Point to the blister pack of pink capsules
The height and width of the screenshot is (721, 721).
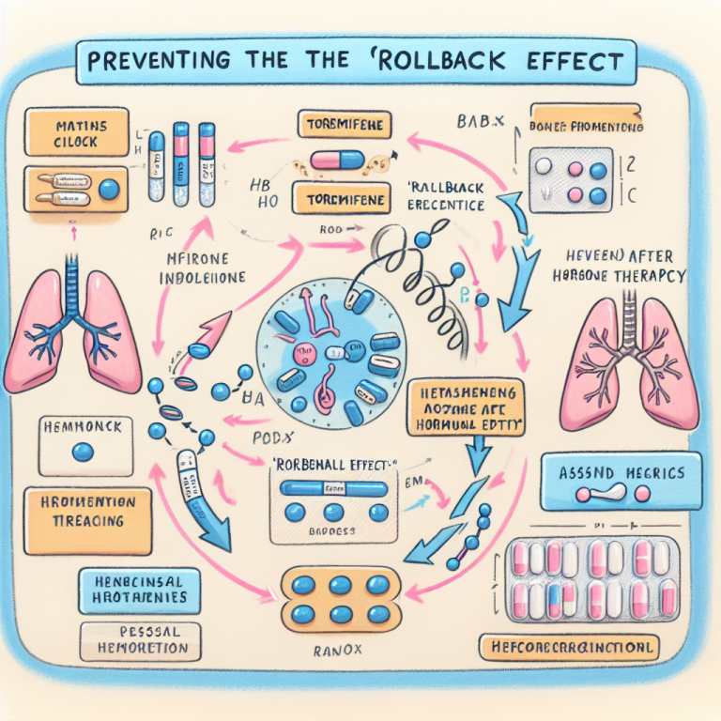coord(592,581)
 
